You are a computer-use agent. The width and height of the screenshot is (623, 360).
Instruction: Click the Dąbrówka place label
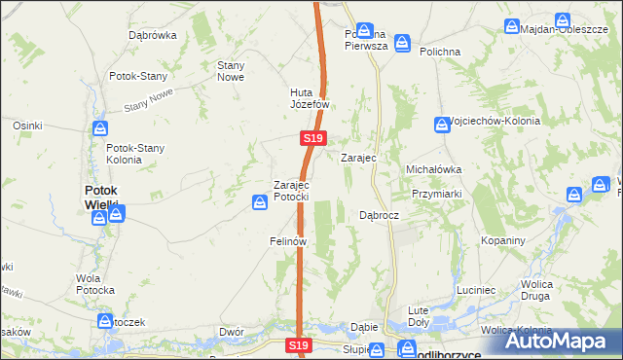coord(152,35)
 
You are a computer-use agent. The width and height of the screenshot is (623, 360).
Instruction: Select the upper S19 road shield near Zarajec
coord(311,140)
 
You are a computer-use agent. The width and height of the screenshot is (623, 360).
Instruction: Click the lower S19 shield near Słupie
coord(299,345)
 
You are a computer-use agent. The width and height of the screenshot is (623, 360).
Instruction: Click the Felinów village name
coord(288,240)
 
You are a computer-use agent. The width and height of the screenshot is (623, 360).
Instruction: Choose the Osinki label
coord(26,126)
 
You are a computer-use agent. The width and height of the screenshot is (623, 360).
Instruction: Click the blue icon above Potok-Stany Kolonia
coord(100,127)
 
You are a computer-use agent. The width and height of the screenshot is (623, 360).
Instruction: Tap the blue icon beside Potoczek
coord(105,321)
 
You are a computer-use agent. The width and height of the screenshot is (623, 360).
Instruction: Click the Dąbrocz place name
coord(379,215)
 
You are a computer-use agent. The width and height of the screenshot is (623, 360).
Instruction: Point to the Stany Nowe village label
coord(230,71)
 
